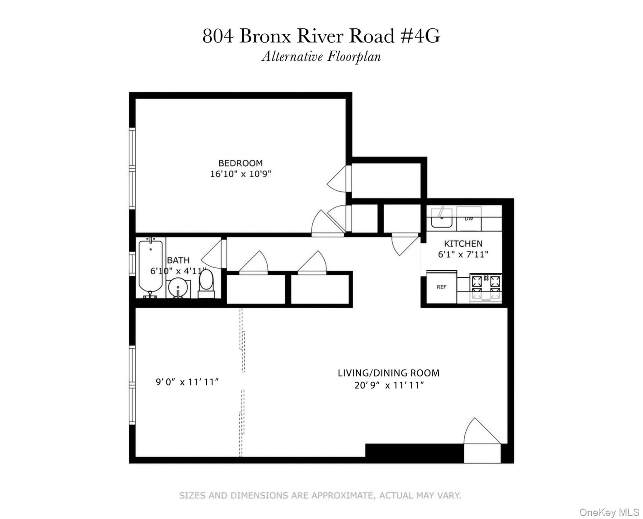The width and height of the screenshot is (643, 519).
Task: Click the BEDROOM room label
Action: (240, 163)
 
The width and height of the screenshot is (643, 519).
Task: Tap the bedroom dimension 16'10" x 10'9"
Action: (240, 174)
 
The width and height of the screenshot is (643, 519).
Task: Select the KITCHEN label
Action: (463, 244)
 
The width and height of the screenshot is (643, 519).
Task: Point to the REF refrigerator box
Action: (441, 287)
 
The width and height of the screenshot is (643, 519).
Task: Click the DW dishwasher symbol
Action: (469, 219)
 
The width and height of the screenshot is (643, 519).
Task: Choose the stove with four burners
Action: (486, 287)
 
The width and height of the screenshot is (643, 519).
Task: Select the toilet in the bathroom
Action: (206, 282)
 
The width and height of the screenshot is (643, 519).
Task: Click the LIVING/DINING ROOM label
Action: (388, 373)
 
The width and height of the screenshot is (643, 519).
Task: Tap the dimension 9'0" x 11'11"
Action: (187, 382)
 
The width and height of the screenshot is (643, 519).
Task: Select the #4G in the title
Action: (420, 36)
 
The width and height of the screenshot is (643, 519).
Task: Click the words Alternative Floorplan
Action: (321, 57)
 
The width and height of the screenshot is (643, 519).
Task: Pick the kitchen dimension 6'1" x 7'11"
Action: (463, 254)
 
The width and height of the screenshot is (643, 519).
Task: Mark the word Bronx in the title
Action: (265, 36)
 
